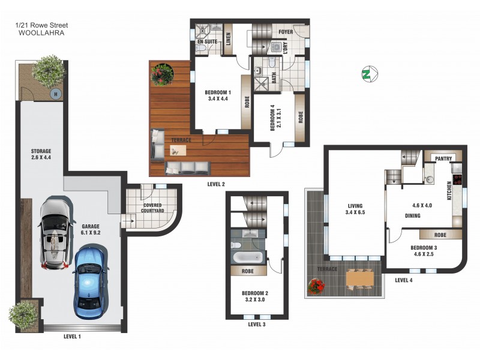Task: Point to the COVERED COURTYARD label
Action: [153, 207]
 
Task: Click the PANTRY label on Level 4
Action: [443, 158]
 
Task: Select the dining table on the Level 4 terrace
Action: [359, 278]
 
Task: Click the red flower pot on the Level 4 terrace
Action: [316, 287]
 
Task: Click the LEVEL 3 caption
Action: [257, 324]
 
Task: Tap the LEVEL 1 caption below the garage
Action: [72, 337]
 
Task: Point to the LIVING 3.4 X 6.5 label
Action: [356, 208]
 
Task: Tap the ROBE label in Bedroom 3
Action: [440, 235]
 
